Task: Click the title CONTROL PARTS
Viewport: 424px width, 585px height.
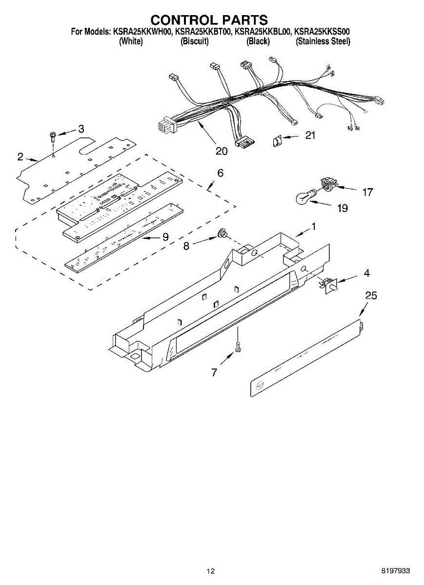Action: pos(209,19)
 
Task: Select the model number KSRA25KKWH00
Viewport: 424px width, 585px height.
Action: pos(143,32)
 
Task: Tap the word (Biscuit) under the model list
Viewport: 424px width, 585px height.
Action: pos(194,41)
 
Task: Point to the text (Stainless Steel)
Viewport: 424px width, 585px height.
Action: pos(323,41)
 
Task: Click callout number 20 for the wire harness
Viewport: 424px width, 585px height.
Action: pos(222,151)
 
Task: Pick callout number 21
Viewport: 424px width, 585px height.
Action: pos(310,136)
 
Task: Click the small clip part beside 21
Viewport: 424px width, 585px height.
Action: pos(277,142)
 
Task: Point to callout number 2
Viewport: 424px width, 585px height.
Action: pos(20,156)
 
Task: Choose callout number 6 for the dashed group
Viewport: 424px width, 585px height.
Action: pos(221,173)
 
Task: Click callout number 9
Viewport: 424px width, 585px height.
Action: pos(165,237)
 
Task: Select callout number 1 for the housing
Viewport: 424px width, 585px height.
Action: pos(314,226)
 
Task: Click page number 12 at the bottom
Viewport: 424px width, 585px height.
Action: pos(210,571)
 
